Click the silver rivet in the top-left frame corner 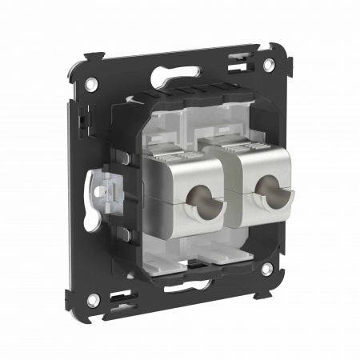point(92,82)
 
